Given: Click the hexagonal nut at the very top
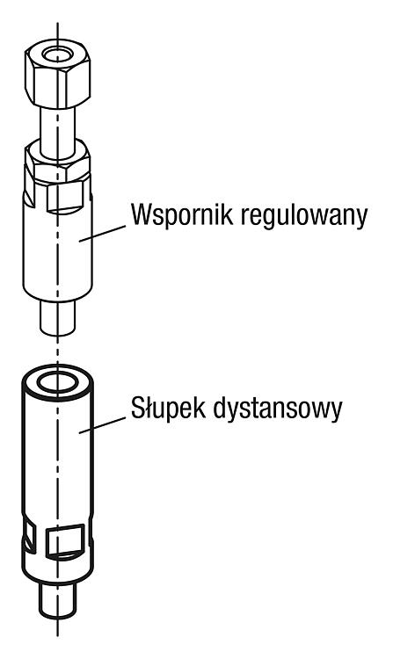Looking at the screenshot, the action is pos(57,74).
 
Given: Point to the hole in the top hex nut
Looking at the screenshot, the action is pos(57,55).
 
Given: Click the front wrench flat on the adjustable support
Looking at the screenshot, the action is pos(64,198).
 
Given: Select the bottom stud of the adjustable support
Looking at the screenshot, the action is pos(58,318).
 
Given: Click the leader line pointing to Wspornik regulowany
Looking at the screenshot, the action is pos(102,234).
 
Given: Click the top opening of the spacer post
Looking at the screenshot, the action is pos(58,383).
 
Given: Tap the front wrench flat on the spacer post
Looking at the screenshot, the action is pos(65,541).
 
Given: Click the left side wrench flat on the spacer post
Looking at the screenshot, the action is pos(29,537).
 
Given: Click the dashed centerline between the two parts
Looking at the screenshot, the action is pos(58,350).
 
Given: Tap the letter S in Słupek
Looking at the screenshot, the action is pos(137,407).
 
